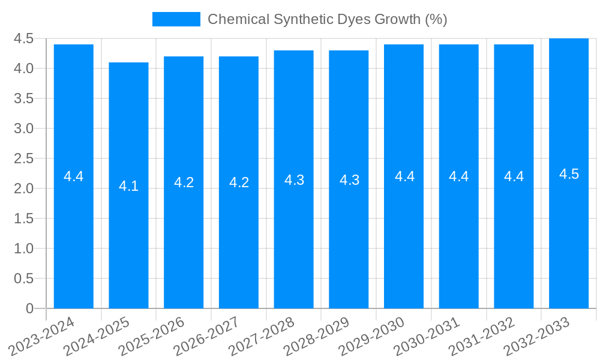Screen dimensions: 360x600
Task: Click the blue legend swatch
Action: tap(176, 19)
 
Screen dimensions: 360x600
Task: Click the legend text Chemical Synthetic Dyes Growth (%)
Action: tap(327, 19)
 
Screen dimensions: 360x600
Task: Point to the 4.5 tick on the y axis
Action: tap(23, 38)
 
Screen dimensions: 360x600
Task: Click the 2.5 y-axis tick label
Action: tap(23, 158)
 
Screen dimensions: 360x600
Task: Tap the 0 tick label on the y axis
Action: tap(29, 308)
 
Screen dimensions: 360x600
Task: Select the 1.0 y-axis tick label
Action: tap(23, 248)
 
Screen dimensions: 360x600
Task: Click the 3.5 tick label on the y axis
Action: tap(23, 98)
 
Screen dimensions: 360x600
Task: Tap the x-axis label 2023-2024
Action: tap(41, 337)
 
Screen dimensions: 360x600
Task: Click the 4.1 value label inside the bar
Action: tap(128, 186)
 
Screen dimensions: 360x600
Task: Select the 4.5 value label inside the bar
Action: tap(569, 174)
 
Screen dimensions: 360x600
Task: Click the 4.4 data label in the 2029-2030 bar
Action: tap(404, 176)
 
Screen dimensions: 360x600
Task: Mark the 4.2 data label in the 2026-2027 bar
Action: tap(239, 182)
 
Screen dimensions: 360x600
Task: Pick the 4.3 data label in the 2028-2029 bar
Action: tap(349, 179)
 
